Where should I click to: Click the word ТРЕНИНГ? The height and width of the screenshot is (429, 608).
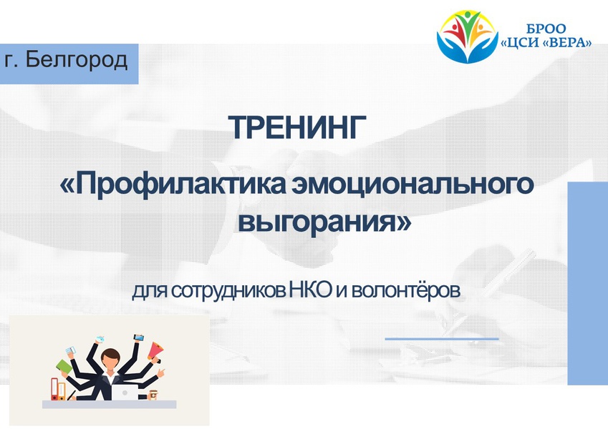point(297,127)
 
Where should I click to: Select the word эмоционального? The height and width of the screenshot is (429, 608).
point(413,184)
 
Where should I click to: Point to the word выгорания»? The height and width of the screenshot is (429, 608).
point(324,222)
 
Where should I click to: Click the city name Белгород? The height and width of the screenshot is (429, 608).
point(77,60)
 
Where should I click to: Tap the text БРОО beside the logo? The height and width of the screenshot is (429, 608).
point(546,29)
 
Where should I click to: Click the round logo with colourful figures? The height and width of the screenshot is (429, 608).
point(467,36)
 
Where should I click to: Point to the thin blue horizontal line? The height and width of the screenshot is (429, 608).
point(442,339)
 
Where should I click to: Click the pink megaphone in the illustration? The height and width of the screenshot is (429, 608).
point(155,351)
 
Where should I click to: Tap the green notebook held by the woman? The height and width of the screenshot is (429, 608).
point(64,367)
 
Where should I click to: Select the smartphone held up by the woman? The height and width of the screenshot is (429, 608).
point(138,337)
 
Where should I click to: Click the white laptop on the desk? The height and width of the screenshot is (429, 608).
point(125,392)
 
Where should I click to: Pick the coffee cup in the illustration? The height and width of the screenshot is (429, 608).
point(153,395)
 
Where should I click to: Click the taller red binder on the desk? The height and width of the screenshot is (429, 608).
point(54,389)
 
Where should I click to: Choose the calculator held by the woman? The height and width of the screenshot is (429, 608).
point(70,350)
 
